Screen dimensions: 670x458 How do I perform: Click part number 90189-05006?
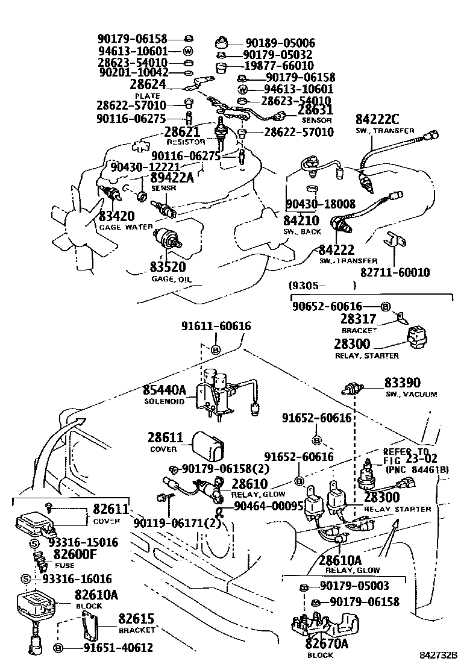point(280,43)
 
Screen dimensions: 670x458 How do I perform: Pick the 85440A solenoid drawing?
point(220,391)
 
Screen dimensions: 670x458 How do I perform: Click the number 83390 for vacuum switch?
point(403,383)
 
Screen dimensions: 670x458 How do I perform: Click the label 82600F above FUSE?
point(80,554)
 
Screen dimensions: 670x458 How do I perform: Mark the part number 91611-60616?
point(216,326)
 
